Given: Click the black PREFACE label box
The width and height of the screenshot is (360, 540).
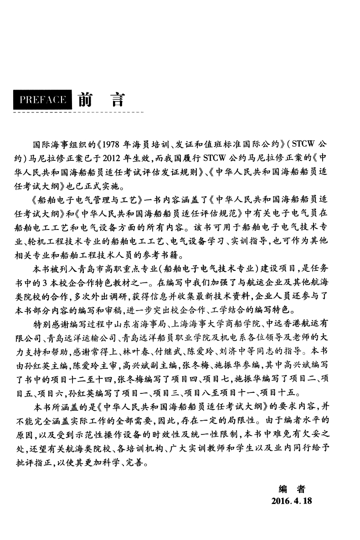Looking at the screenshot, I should (43, 100).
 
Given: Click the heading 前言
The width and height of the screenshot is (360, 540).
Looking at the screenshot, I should (101, 100).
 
